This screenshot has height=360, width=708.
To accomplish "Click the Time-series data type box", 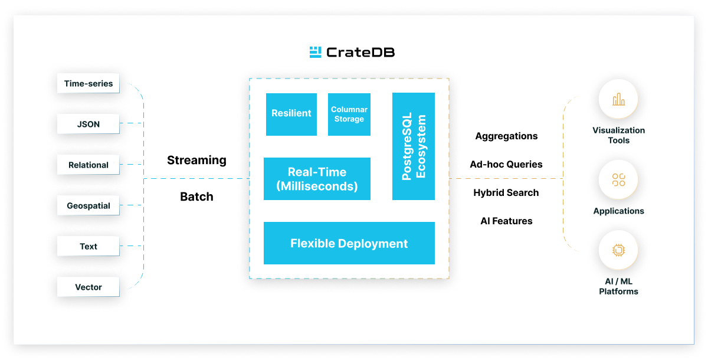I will coord(88,84).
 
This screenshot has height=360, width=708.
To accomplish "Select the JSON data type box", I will coord(88,125).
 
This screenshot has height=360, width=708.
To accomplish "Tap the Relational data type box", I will coord(88,165).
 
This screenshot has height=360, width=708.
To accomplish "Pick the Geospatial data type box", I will coord(88,206).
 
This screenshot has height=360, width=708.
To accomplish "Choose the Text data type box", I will coord(88,247).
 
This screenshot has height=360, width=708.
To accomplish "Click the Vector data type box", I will coord(88,287).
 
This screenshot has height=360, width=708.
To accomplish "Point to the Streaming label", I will coord(196,160).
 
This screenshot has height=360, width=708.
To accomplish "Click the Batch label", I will coord(196,197).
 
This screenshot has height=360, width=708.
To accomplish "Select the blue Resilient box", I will coord(291,114).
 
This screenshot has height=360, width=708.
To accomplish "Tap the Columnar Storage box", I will coord(349,114).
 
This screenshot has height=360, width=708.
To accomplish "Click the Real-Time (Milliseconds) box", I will coord(317,179).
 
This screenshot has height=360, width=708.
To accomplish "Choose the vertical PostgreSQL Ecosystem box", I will coord(414,146).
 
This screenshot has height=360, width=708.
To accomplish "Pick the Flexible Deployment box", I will coord(349,243).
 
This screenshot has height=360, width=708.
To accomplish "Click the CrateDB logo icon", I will coord(316,52).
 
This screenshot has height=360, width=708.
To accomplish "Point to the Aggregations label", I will coord(506,136).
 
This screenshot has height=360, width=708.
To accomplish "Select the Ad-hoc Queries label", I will coord(506,165).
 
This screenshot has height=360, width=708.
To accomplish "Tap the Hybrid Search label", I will coord(506,193).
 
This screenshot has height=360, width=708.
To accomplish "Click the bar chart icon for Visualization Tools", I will coord(618,100).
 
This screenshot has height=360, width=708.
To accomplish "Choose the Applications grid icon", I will coord(618,180).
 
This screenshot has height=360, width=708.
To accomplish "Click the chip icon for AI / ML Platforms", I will coord(618,250).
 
